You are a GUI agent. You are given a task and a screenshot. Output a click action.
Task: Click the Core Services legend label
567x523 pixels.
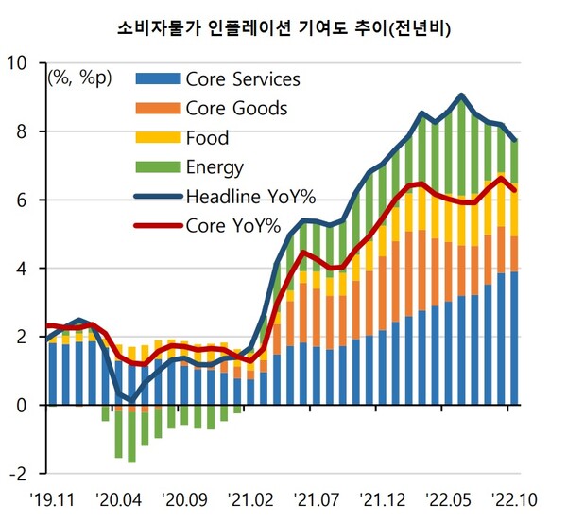tap(243, 78)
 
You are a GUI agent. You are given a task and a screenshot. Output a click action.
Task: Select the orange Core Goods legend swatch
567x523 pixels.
tap(157, 108)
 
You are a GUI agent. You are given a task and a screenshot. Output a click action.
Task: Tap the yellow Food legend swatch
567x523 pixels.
tap(157, 138)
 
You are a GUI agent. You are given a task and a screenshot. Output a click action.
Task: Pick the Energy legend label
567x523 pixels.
tap(215, 168)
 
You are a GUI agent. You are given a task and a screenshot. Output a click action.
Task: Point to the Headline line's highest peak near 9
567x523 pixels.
tap(460, 95)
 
